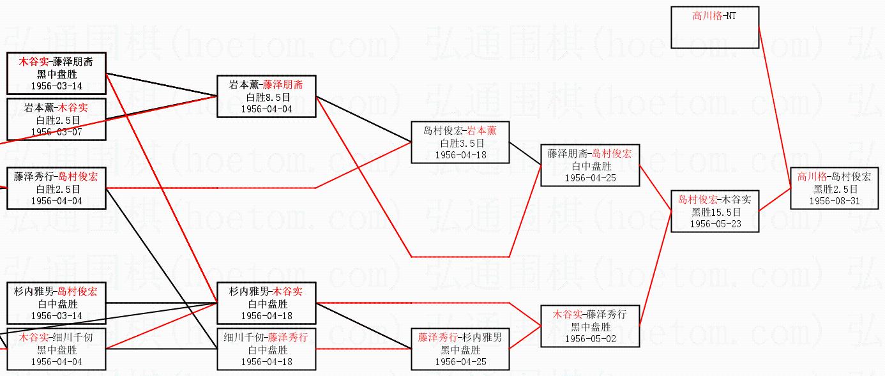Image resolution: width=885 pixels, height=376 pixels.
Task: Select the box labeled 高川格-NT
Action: click(x=715, y=27)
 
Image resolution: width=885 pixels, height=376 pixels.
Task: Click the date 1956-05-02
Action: click(x=591, y=339)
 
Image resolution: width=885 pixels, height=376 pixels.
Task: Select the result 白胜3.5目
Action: click(x=461, y=143)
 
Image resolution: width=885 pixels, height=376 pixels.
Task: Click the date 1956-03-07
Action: click(x=56, y=132)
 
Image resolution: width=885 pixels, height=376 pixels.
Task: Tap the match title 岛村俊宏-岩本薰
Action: click(x=460, y=131)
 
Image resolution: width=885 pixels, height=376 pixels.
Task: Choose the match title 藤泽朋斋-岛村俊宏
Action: click(x=590, y=153)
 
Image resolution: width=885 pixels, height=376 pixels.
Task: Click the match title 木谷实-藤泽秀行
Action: click(x=590, y=315)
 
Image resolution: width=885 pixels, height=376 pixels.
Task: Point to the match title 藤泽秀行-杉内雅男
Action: click(x=460, y=338)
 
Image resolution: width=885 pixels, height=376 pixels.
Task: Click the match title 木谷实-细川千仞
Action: click(x=56, y=338)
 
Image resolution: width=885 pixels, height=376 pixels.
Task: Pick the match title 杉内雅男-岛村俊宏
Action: click(x=56, y=292)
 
